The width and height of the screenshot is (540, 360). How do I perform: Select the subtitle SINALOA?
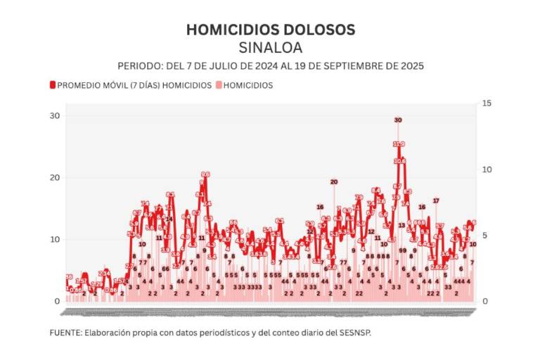(x=270, y=48)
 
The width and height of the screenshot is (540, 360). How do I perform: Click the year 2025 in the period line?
(x=411, y=65)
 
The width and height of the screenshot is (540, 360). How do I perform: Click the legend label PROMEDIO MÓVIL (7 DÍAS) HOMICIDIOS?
(x=134, y=85)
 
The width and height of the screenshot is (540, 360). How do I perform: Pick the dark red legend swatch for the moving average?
(x=52, y=85)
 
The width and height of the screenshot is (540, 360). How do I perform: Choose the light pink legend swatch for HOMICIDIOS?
(x=218, y=85)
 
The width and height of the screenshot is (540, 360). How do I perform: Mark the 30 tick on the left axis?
(x=54, y=115)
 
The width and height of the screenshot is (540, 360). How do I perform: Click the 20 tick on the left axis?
(x=54, y=177)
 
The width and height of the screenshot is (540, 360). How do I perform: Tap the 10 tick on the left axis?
(x=54, y=239)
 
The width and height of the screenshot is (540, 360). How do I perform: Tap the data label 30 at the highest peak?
(x=398, y=120)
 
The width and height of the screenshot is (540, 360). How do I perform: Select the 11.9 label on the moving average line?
(x=399, y=144)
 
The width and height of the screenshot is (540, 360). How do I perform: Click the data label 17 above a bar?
(x=436, y=201)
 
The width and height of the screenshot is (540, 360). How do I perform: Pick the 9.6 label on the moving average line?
(x=205, y=174)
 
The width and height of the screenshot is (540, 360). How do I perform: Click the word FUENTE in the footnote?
(x=65, y=332)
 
